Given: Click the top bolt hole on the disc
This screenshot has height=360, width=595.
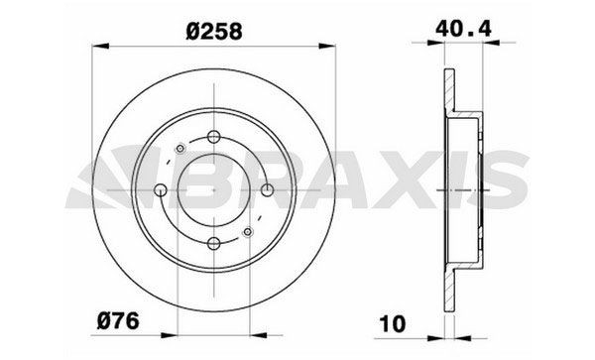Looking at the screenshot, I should (x=215, y=138).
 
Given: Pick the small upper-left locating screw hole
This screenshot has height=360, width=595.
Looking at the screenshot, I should (x=178, y=150).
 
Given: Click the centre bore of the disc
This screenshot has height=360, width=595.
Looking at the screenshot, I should (x=215, y=188).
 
